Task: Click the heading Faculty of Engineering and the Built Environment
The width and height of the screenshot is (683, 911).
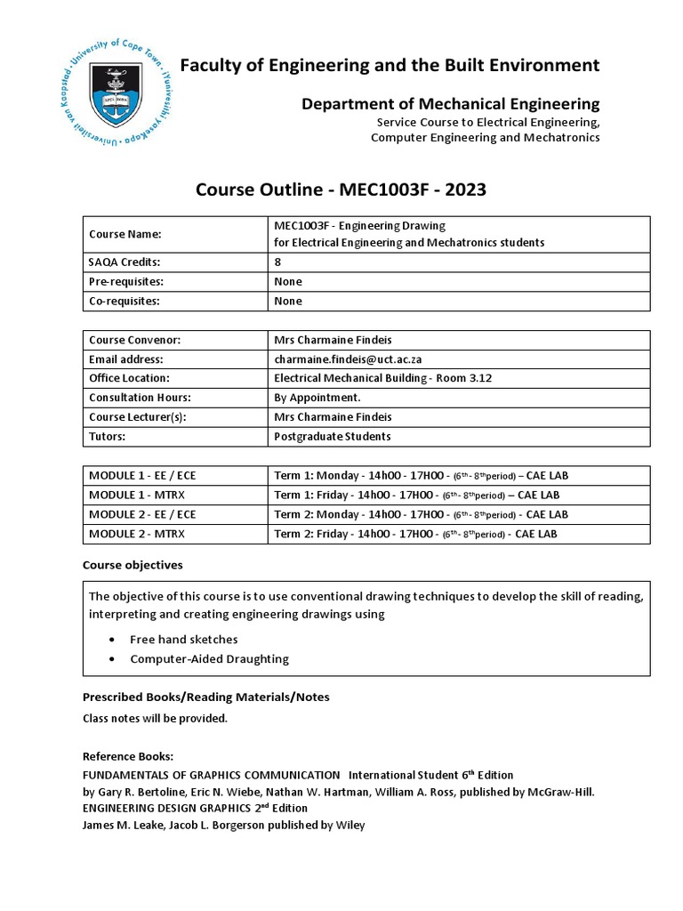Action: [x=390, y=65]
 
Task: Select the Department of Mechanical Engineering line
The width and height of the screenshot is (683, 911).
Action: [x=450, y=104]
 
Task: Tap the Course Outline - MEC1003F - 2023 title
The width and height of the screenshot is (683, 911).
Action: [x=341, y=189]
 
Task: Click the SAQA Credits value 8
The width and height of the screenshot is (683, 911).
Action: [x=278, y=262]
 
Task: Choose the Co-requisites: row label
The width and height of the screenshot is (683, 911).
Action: [x=125, y=301]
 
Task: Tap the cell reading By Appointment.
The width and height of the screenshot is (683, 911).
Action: [x=317, y=398]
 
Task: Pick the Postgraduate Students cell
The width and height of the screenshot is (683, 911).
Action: [x=333, y=437]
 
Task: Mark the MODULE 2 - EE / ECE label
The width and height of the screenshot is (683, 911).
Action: [x=142, y=514]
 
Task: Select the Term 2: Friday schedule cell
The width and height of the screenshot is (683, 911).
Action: [x=415, y=534]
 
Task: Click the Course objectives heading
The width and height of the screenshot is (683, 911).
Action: [x=133, y=565]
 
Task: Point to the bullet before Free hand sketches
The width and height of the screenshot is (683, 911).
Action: [x=110, y=640]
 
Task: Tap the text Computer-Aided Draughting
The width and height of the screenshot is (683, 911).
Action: [x=209, y=659]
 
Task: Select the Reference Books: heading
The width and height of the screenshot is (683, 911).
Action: [x=128, y=756]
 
